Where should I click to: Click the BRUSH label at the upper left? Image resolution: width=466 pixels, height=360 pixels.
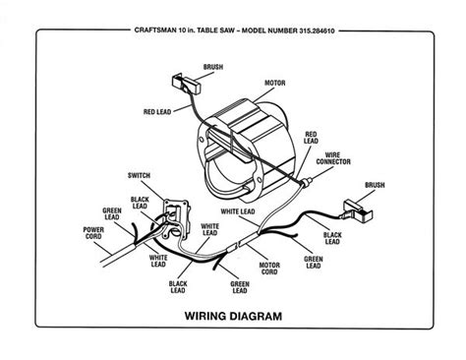point(212,69)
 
